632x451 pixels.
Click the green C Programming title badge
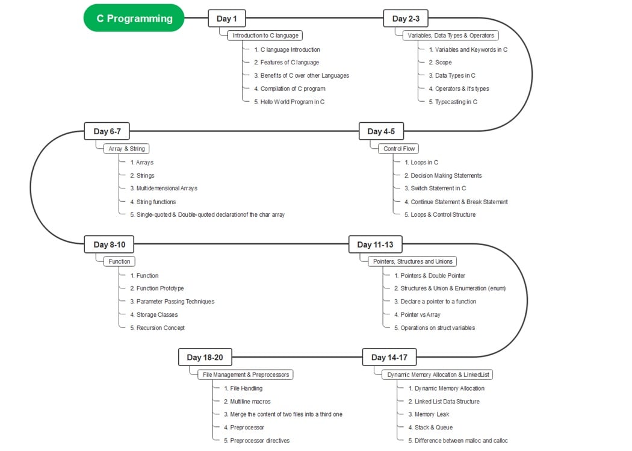click(134, 18)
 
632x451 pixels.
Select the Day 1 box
click(226, 19)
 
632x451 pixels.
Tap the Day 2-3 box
click(406, 19)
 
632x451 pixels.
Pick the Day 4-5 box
click(381, 131)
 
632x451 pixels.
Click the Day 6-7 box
click(107, 131)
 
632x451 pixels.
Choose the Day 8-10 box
click(109, 244)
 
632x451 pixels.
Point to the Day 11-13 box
click(375, 244)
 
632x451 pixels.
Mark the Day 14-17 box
click(389, 357)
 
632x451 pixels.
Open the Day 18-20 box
click(205, 357)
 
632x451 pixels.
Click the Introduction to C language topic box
click(265, 36)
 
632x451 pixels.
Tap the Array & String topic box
click(125, 148)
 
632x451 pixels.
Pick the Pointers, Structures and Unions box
click(412, 261)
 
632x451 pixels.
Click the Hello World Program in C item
click(292, 102)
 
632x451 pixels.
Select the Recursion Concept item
click(160, 328)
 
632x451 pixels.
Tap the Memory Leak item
click(432, 414)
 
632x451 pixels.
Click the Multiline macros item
click(250, 401)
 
